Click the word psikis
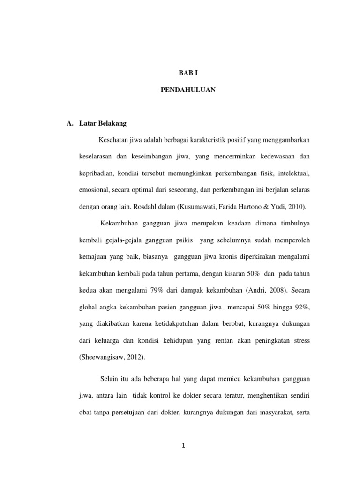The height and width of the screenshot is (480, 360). click(x=182, y=240)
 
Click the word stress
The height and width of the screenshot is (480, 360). click(x=300, y=340)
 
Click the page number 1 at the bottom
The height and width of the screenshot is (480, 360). click(x=184, y=446)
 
